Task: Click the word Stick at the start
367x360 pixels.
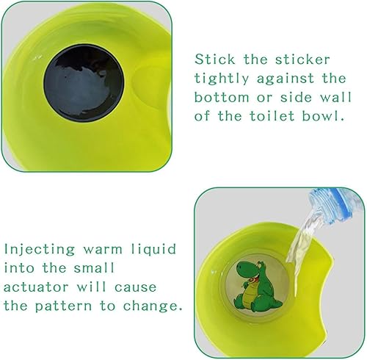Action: [x=214, y=60]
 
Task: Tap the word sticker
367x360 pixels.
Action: [x=302, y=60]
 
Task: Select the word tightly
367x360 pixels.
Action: [x=222, y=79]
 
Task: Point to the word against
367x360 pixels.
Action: [x=285, y=79]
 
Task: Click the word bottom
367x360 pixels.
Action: [x=222, y=97]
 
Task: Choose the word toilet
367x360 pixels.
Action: [x=272, y=115]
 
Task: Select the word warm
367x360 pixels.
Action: [x=103, y=250]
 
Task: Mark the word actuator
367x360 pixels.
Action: [x=36, y=287]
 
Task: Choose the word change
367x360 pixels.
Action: [x=152, y=306]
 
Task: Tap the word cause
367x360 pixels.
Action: [x=135, y=287]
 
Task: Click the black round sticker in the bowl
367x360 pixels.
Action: [x=84, y=82]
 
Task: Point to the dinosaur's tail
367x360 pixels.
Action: [x=275, y=303]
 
